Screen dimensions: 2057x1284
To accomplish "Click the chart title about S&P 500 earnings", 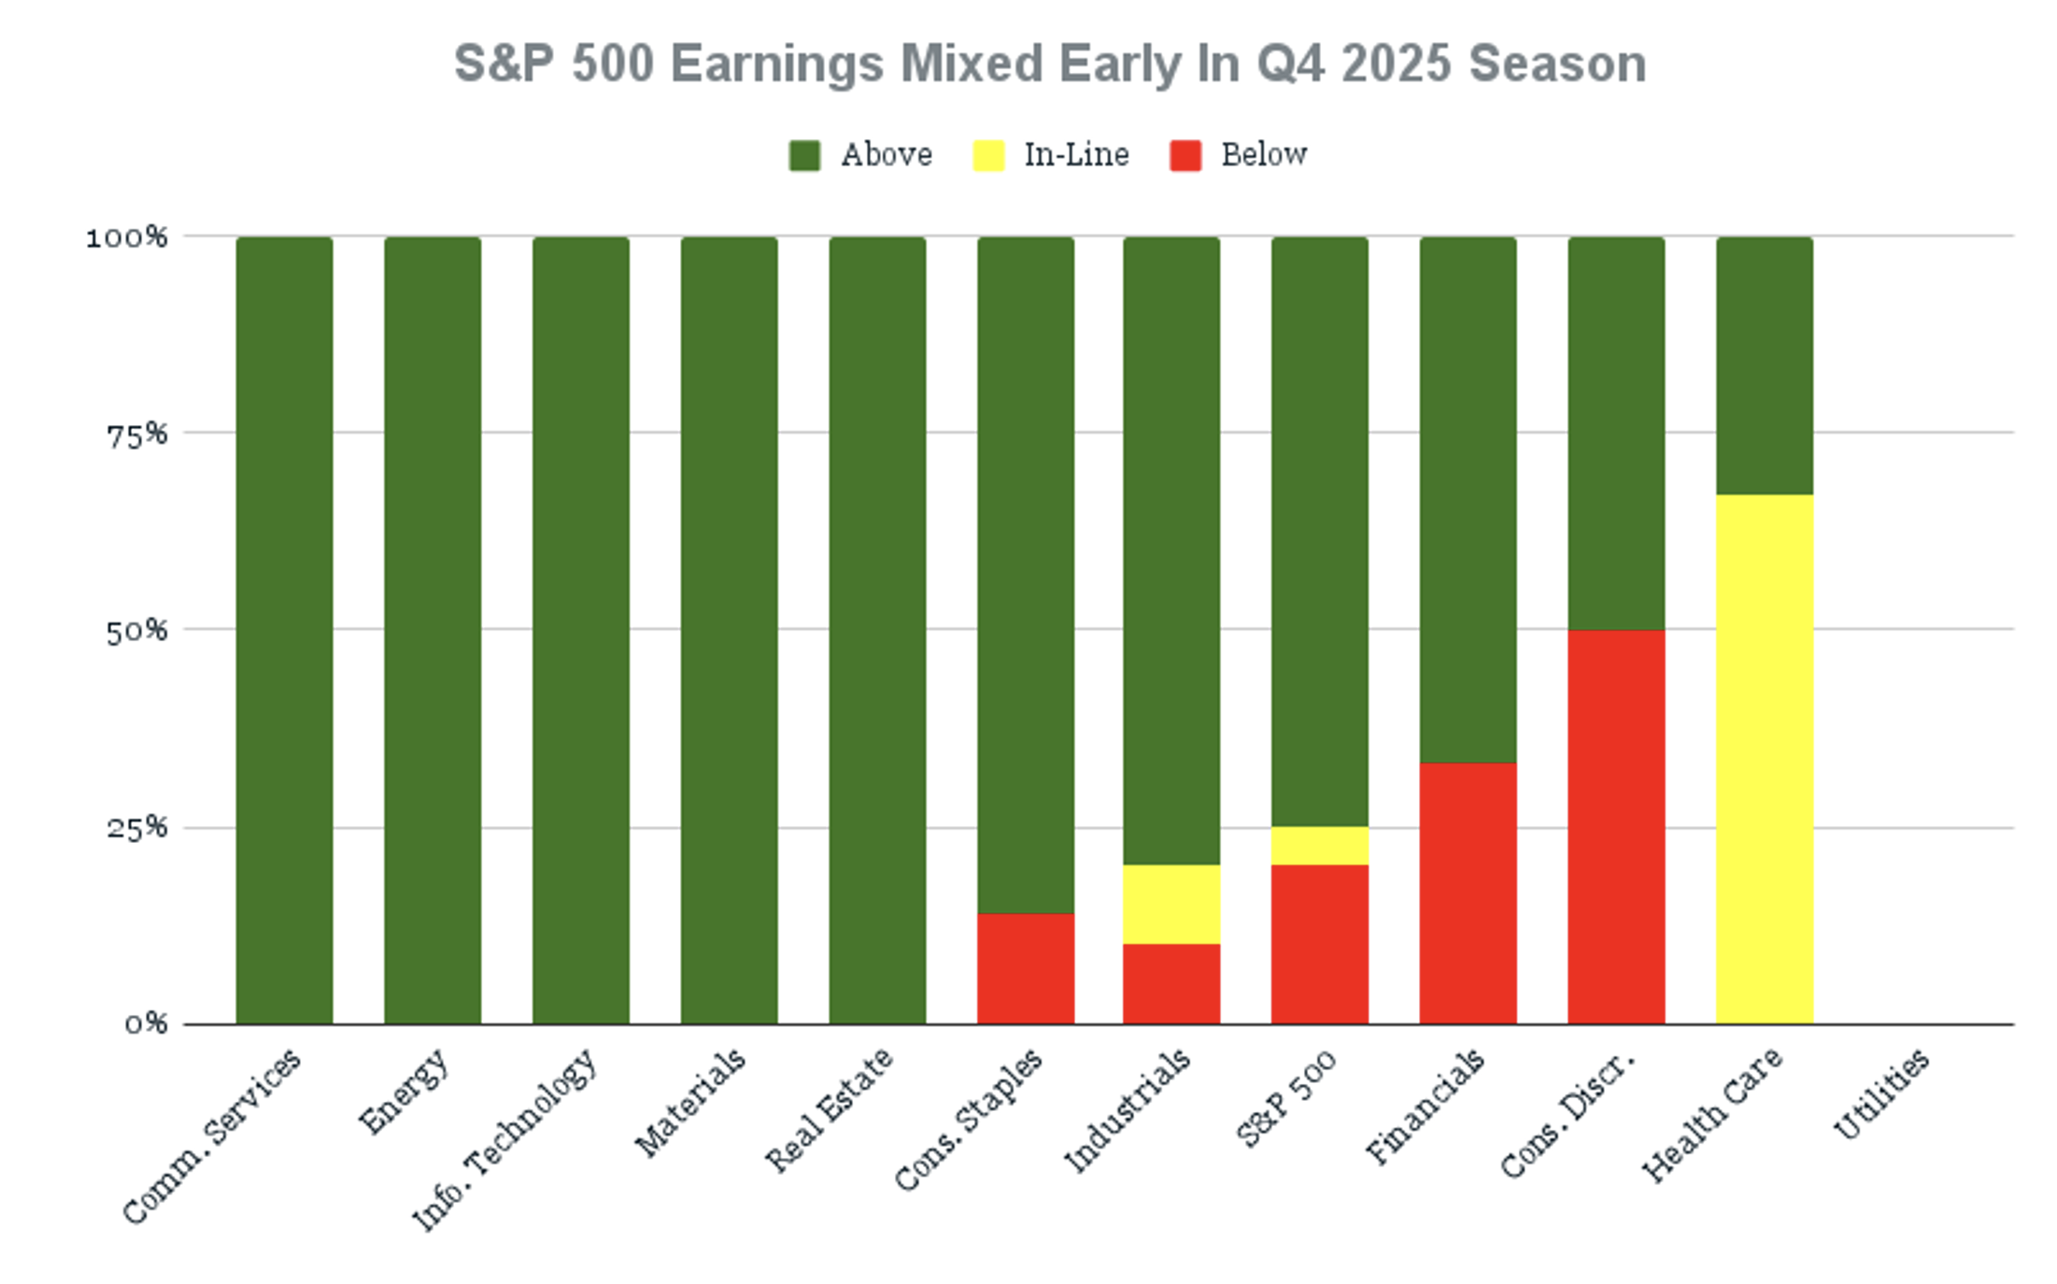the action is [x=1049, y=64].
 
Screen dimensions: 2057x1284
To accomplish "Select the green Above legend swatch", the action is [x=804, y=155].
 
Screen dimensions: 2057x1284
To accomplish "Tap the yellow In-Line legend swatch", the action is [x=988, y=155].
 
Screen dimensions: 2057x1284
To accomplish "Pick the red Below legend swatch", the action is [x=1185, y=155].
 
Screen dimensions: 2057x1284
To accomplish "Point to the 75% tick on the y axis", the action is [x=136, y=435].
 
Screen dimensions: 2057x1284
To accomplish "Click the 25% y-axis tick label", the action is [x=136, y=828].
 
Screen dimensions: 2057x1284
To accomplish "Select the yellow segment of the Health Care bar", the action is [x=1765, y=760].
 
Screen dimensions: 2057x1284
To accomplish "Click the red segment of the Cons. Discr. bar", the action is [x=1616, y=827].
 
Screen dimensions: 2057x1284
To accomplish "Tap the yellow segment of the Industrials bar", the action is [x=1171, y=905].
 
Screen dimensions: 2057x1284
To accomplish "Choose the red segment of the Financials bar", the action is [x=1468, y=893].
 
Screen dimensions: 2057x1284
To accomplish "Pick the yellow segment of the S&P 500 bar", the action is [x=1319, y=846].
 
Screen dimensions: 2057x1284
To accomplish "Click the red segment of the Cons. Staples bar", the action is [x=1026, y=969].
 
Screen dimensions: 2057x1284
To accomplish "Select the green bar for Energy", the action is [x=433, y=631].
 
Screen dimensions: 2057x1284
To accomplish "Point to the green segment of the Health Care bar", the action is [x=1765, y=366].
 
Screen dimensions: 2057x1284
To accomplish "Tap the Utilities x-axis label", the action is [x=1880, y=1094].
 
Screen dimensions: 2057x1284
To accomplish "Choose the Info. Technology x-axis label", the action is [x=504, y=1139].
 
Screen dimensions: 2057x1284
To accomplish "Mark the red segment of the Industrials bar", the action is [x=1171, y=984].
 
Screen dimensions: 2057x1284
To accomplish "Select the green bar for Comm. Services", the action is [x=284, y=631].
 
